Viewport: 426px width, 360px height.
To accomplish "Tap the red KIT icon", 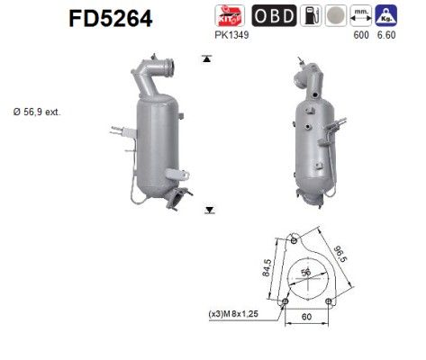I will (x=226, y=15).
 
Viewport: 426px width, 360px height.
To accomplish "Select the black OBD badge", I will (x=269, y=15).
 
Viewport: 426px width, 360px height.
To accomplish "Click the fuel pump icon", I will (x=309, y=15).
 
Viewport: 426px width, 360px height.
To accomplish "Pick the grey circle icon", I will (x=335, y=15).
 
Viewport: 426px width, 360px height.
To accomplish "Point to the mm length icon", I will (x=361, y=15).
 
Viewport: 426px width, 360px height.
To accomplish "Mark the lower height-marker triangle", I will (x=209, y=210).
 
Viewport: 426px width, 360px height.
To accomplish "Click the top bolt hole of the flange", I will (x=295, y=240).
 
